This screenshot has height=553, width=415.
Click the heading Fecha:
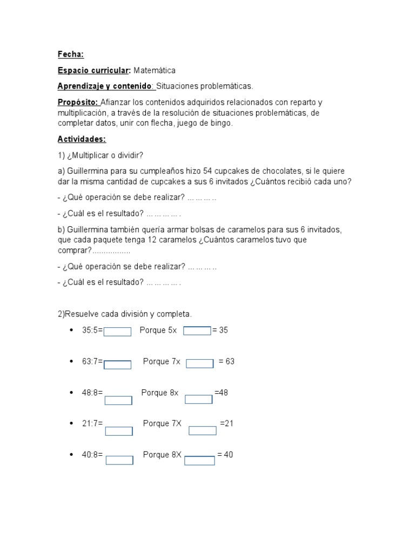click(x=71, y=55)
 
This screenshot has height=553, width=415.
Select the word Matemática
click(x=155, y=71)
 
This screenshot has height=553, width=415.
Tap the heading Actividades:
click(x=82, y=139)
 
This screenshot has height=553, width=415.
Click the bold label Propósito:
click(x=78, y=103)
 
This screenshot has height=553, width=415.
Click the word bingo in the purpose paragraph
click(x=221, y=123)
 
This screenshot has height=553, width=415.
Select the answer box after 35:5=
click(x=117, y=332)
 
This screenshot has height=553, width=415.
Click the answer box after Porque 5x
click(x=197, y=331)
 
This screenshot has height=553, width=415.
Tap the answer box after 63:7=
click(x=117, y=365)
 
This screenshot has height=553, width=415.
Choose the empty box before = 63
click(x=200, y=363)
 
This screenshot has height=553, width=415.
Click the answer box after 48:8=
click(x=118, y=400)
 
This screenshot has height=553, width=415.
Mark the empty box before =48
click(x=199, y=399)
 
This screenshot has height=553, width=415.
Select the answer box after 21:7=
click(x=119, y=431)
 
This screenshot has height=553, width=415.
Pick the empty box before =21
click(x=203, y=430)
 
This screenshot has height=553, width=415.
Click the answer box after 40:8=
click(x=119, y=460)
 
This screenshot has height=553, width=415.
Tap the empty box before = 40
click(x=199, y=460)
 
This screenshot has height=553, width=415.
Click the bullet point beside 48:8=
click(x=71, y=393)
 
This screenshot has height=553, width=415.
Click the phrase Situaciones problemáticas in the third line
click(x=204, y=86)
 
